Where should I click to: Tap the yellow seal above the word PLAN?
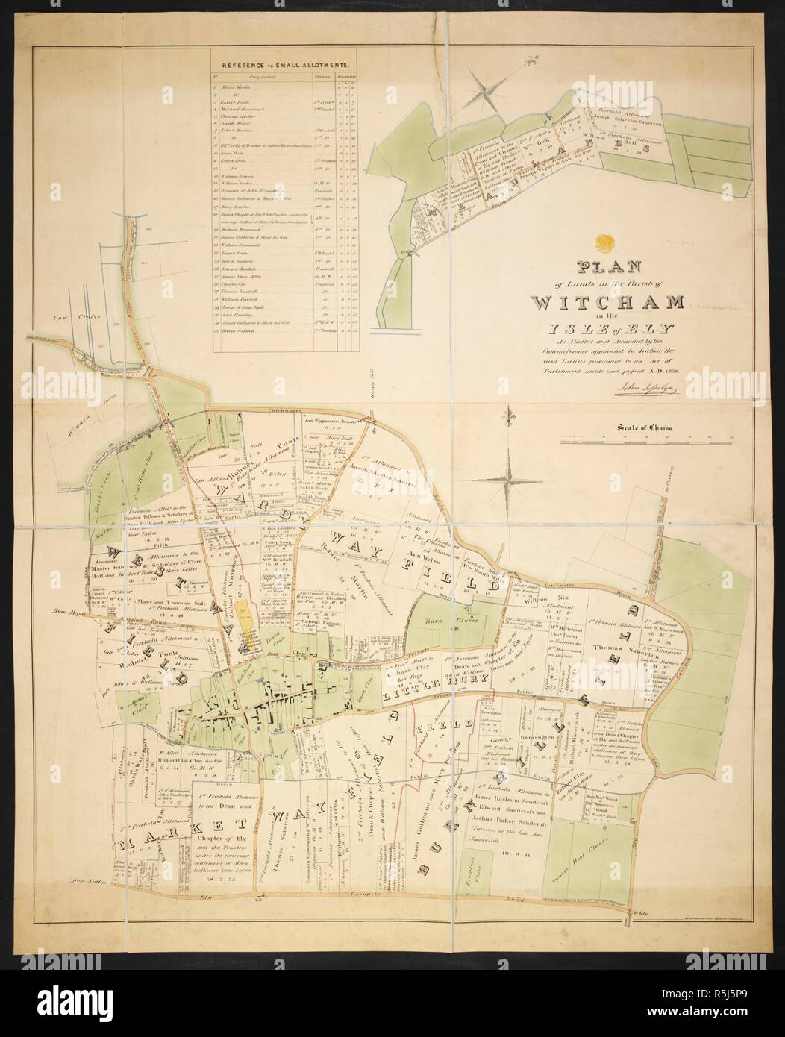click(x=604, y=243)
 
